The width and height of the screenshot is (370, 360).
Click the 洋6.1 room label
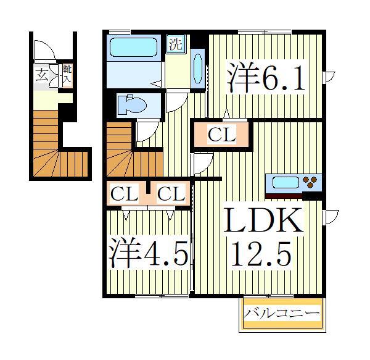coord(266,77)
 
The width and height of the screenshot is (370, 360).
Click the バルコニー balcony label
coord(281,314)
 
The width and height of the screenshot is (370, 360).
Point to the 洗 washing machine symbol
coord(176,44)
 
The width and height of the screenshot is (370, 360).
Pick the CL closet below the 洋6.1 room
coord(221,135)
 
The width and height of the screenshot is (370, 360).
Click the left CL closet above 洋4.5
coord(124,195)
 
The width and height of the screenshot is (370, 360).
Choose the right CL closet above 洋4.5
coord(171,195)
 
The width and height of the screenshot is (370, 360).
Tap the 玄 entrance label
coord(41,76)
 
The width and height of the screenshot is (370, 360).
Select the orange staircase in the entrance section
coord(55,148)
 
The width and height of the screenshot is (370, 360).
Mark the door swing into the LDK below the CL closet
coord(203,163)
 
